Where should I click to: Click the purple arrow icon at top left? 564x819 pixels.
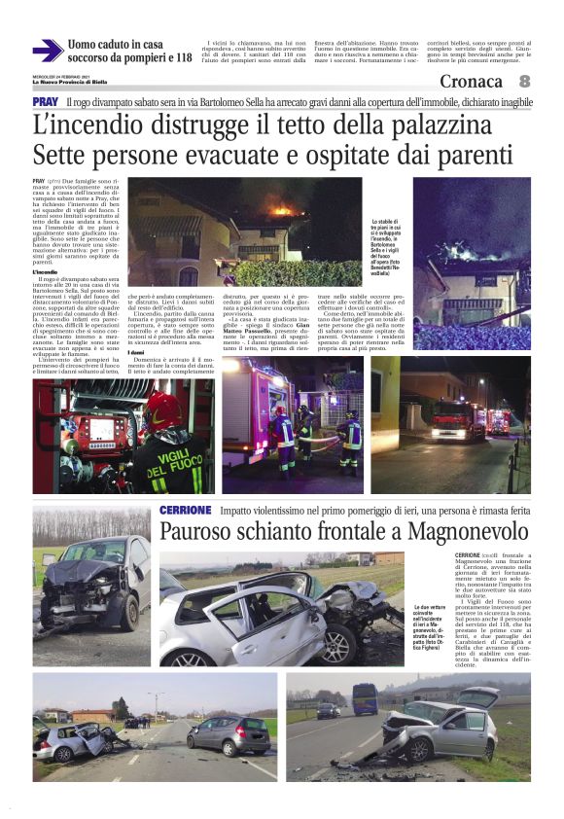48,51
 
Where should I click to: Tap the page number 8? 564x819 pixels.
525,82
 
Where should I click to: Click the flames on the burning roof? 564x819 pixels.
283,209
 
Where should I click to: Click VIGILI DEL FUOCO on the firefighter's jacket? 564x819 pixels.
176,467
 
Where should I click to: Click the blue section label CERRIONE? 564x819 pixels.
185,511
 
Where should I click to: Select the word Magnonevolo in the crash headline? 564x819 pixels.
466,532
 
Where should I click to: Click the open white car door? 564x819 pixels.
477,697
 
